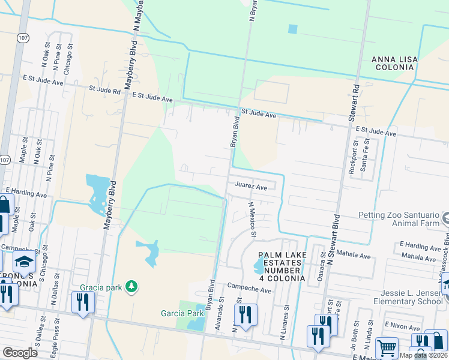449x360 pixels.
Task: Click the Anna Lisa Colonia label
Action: click(394, 63)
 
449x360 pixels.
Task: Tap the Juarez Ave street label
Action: click(251, 187)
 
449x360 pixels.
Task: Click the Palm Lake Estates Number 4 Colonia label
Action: click(279, 266)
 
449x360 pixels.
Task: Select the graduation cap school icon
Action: click(25, 262)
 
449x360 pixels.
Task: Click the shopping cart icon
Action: click(387, 348)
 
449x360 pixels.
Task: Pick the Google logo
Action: click(20, 353)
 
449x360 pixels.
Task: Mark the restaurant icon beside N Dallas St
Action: click(82, 301)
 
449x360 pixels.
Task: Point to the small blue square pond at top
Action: click(292, 29)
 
